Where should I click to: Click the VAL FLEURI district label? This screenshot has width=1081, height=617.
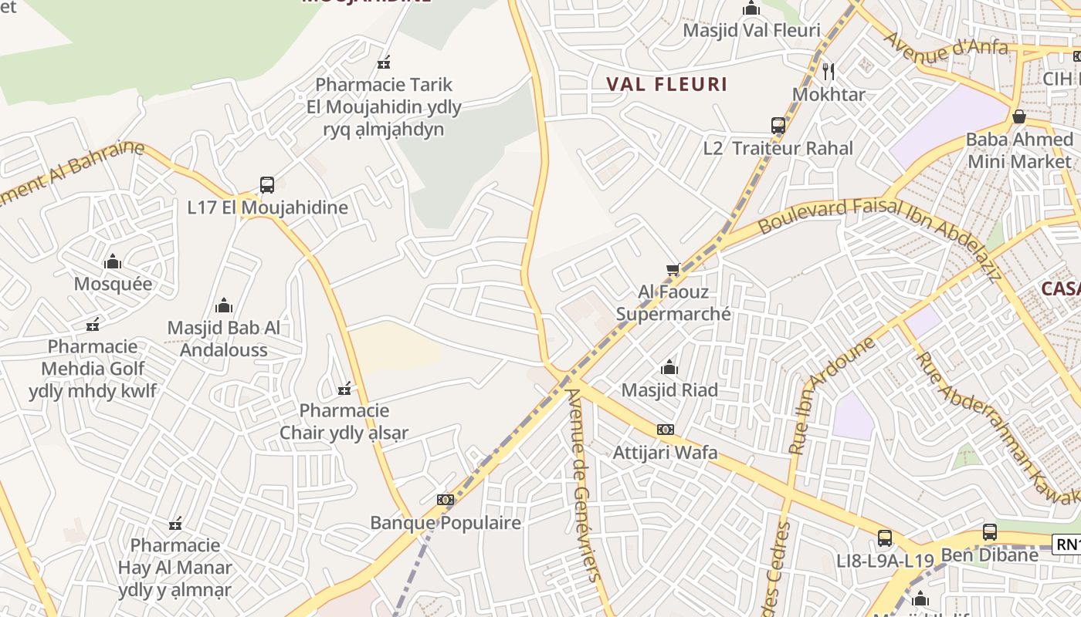[x=666, y=84]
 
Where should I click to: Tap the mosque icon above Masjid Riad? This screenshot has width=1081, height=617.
[x=669, y=367]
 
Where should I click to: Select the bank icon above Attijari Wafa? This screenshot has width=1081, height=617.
[x=665, y=430]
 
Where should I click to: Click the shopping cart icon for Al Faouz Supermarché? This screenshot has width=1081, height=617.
[x=673, y=270]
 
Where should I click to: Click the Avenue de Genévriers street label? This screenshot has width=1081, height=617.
[x=583, y=484]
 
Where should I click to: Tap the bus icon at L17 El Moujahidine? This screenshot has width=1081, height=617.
[x=267, y=185]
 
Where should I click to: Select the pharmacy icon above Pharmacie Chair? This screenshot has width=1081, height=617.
[x=344, y=388]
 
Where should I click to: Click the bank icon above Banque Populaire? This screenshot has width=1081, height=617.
[x=445, y=500]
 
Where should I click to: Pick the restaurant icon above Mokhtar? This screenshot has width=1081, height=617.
[x=829, y=72]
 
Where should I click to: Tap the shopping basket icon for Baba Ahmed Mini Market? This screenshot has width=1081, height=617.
[x=1018, y=117]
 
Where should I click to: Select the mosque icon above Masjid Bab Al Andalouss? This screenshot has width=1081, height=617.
[x=224, y=305]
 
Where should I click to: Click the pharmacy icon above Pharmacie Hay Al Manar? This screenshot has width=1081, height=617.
[x=175, y=524]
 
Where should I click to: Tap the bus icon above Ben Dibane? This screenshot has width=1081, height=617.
[x=989, y=532]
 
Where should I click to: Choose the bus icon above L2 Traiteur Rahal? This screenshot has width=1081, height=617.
[x=778, y=125]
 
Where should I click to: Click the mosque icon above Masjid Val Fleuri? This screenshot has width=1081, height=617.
[x=751, y=8]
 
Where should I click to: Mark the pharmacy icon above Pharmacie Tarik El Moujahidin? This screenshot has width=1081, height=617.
[x=383, y=62]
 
